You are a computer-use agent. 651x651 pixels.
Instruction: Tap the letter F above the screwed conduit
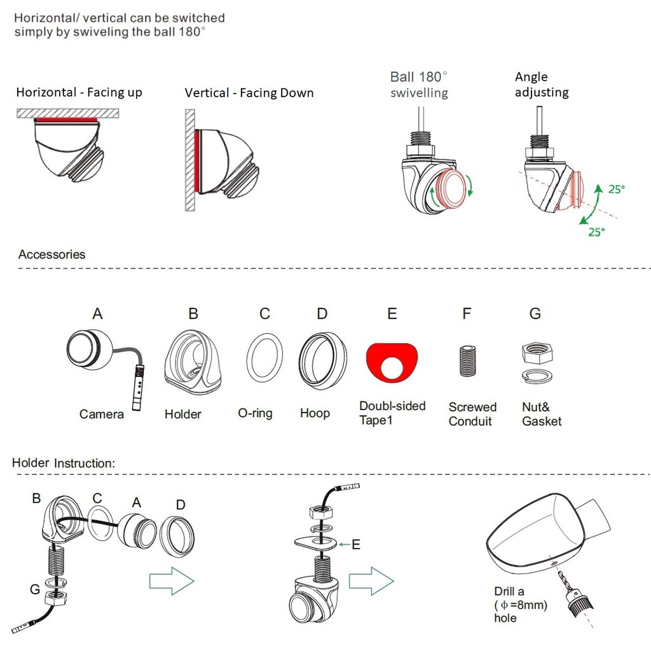467,313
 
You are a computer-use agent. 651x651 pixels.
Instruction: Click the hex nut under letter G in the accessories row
537,353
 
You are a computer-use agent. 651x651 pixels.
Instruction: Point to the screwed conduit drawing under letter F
467,360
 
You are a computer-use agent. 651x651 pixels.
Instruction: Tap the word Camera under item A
102,414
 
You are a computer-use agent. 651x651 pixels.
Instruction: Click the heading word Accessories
52,254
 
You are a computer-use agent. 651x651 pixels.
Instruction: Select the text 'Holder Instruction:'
64,463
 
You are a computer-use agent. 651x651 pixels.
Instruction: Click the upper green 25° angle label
617,189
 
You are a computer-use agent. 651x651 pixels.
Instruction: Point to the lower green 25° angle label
596,231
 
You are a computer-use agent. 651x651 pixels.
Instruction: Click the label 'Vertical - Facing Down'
249,93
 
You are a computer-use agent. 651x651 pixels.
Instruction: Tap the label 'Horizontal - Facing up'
79,92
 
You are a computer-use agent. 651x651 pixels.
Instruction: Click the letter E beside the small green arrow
356,544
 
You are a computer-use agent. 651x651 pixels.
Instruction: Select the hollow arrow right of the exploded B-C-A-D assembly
172,581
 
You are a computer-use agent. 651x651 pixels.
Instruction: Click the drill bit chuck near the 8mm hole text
580,602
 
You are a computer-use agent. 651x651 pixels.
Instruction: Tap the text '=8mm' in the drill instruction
529,605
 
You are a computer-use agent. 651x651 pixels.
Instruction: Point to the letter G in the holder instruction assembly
35,589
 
